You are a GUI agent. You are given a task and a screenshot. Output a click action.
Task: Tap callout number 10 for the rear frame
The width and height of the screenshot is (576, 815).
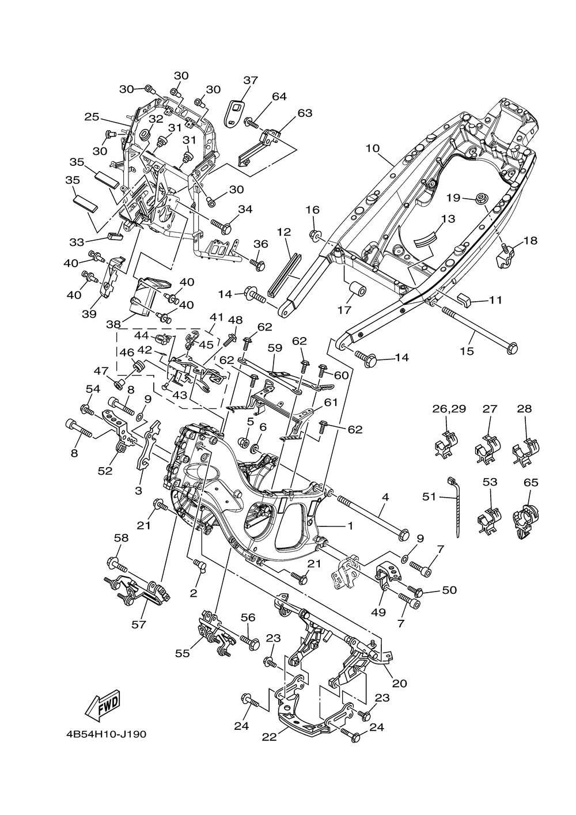[x=372, y=148]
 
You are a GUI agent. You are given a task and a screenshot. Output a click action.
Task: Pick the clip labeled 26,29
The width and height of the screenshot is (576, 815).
[x=447, y=443]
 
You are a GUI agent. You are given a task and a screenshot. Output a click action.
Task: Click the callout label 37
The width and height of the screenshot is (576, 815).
[x=251, y=80]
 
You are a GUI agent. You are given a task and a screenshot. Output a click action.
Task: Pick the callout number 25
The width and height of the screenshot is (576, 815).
[x=92, y=117]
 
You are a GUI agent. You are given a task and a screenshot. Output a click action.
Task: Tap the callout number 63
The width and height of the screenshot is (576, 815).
[x=305, y=113]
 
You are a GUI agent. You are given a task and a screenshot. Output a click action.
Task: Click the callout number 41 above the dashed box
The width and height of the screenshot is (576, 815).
[x=216, y=317]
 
